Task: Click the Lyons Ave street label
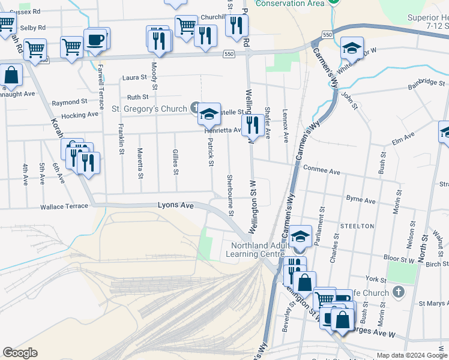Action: point(175,205)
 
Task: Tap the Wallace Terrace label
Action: point(64,207)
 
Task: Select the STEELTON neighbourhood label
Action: point(357,226)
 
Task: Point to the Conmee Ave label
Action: point(322,170)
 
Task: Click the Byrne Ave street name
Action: point(361,200)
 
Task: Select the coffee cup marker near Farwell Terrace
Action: point(95,40)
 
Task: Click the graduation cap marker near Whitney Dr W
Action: point(352,48)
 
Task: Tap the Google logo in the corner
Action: point(20,353)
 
